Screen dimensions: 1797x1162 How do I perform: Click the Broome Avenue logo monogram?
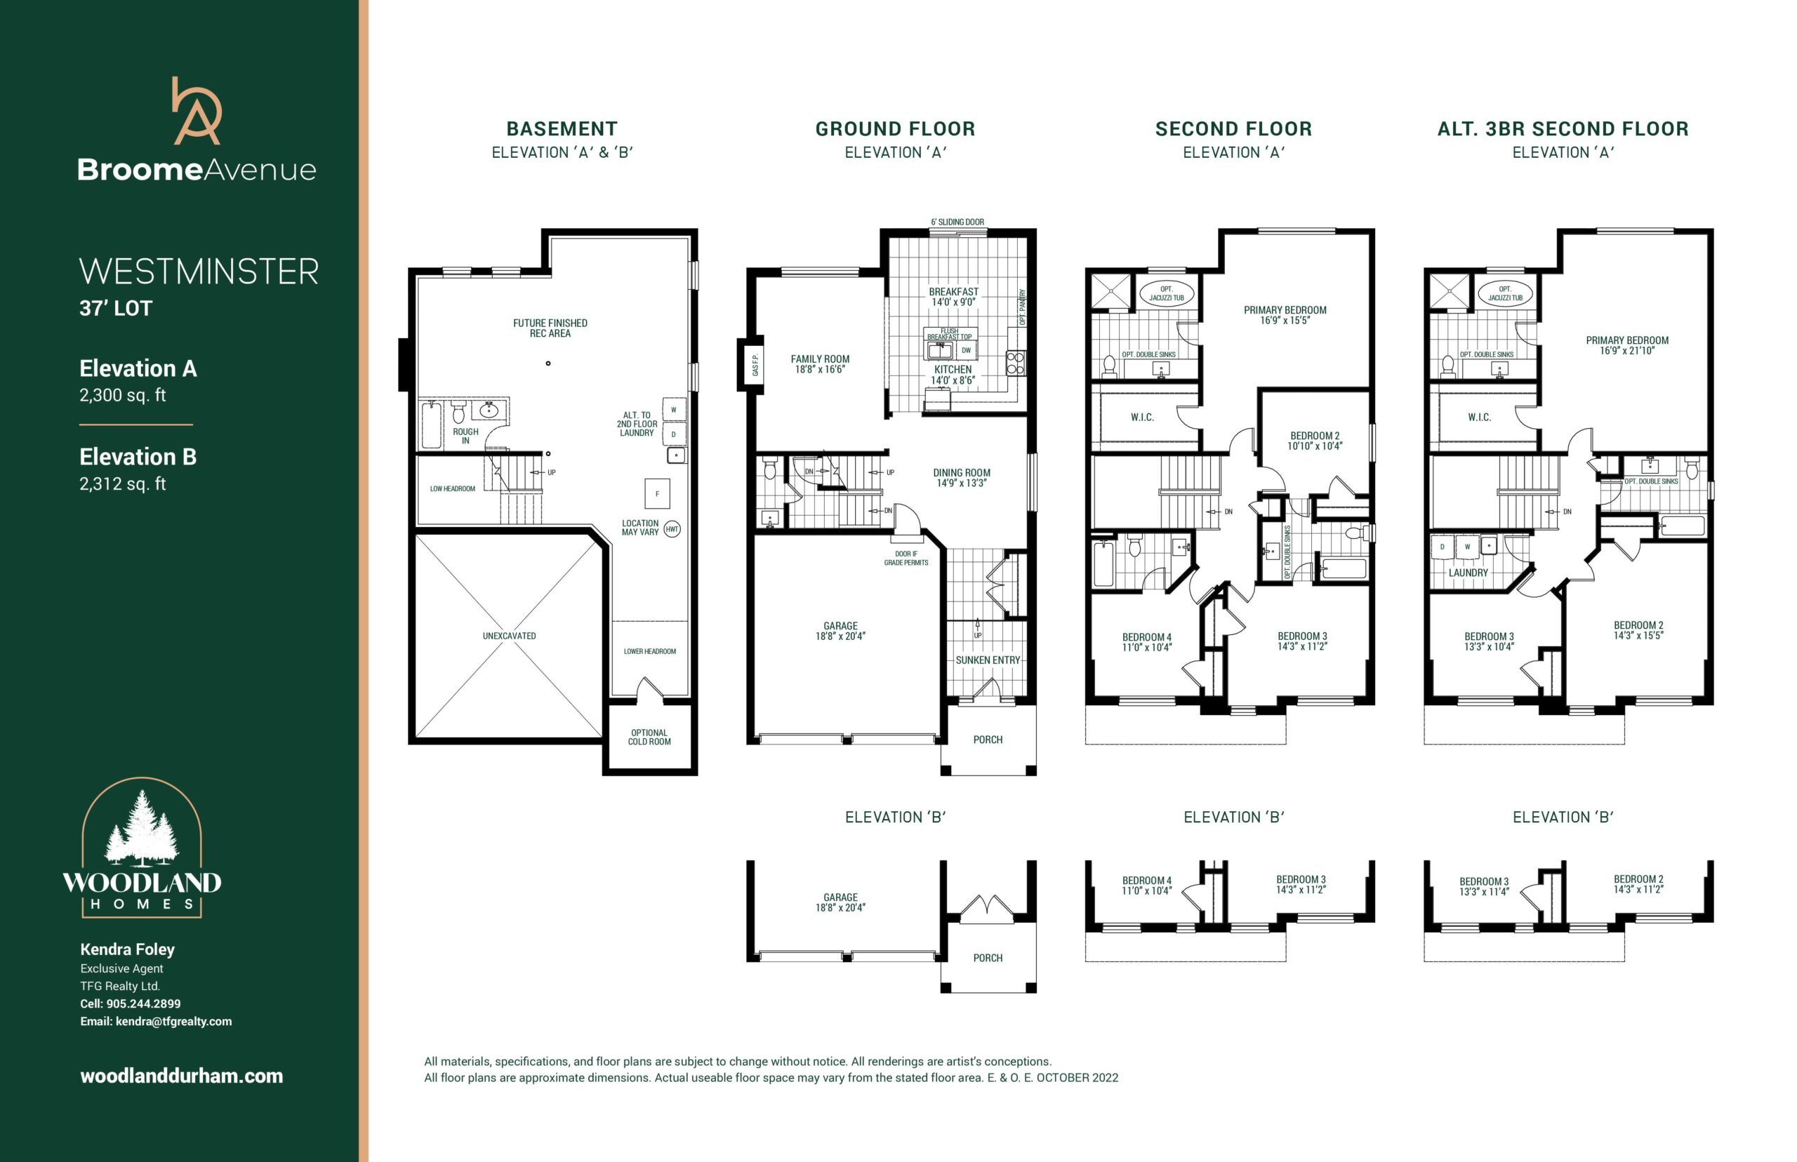pos(197,111)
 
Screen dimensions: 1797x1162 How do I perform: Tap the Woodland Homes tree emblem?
pos(142,829)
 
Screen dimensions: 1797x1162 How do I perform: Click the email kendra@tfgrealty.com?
pos(173,1022)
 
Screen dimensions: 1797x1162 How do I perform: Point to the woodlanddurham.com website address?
pos(182,1076)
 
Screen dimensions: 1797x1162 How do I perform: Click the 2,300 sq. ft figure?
pos(122,395)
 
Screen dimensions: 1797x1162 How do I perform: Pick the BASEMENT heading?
pos(562,129)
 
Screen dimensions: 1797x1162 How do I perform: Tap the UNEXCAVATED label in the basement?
pos(510,636)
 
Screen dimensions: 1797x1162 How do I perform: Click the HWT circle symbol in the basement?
pos(672,529)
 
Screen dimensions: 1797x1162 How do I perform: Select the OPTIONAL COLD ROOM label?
pos(649,737)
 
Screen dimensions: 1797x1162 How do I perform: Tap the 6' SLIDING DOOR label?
pos(957,222)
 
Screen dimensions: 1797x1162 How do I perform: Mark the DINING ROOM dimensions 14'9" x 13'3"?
pos(962,483)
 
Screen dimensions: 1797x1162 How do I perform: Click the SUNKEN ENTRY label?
pos(987,660)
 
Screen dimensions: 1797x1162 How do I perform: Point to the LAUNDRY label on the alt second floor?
pos(1468,573)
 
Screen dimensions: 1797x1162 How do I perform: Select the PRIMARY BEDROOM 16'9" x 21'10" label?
pos(1627,345)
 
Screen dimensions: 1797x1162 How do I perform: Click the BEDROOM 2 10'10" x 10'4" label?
pos(1315,441)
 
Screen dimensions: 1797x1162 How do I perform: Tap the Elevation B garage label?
pos(840,902)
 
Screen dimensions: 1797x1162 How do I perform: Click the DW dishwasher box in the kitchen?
pos(966,350)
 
